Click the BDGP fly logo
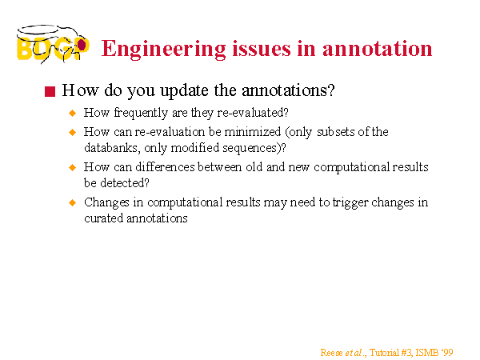point(53,44)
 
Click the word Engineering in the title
point(164,50)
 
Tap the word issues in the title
point(262,49)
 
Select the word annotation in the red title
point(377,49)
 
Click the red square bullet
point(50,91)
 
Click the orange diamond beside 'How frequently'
point(73,113)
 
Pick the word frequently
point(141,113)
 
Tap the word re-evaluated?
point(253,113)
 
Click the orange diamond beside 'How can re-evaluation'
point(73,132)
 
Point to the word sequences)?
point(254,149)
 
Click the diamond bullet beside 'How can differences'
point(73,167)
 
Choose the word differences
point(165,167)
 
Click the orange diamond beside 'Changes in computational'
point(73,202)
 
